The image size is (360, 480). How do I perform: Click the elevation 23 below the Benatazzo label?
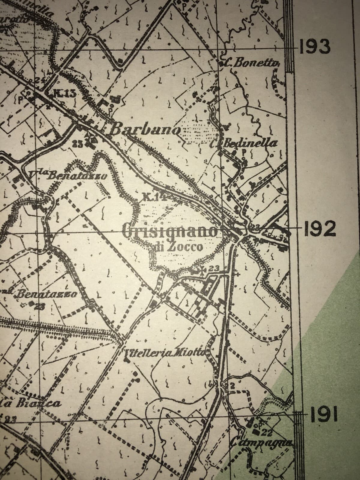40,307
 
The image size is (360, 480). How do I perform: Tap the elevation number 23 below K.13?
77,143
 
